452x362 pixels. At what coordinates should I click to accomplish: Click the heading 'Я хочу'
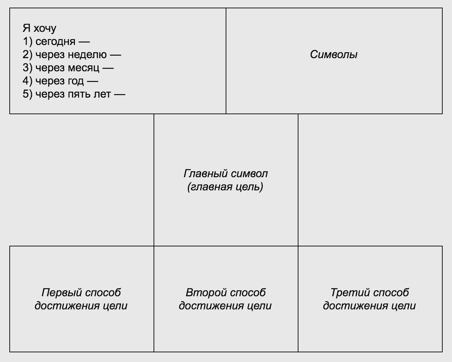(x=39, y=28)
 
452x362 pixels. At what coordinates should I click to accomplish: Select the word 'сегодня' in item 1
(x=55, y=42)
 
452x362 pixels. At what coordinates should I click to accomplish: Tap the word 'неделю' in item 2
(x=87, y=55)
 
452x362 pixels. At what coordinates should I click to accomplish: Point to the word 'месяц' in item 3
(x=84, y=68)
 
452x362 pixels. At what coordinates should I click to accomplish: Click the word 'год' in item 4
(x=76, y=81)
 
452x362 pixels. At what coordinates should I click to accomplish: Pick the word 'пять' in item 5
(x=79, y=94)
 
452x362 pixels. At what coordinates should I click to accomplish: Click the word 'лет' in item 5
(x=102, y=94)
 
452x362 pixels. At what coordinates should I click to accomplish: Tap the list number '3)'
(x=27, y=67)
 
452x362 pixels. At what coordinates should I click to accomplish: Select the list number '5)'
(x=27, y=94)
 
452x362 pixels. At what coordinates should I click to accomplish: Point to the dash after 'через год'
(x=93, y=82)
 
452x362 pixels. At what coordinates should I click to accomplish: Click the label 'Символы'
(x=334, y=55)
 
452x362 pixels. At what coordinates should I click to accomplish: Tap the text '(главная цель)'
(x=225, y=187)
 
